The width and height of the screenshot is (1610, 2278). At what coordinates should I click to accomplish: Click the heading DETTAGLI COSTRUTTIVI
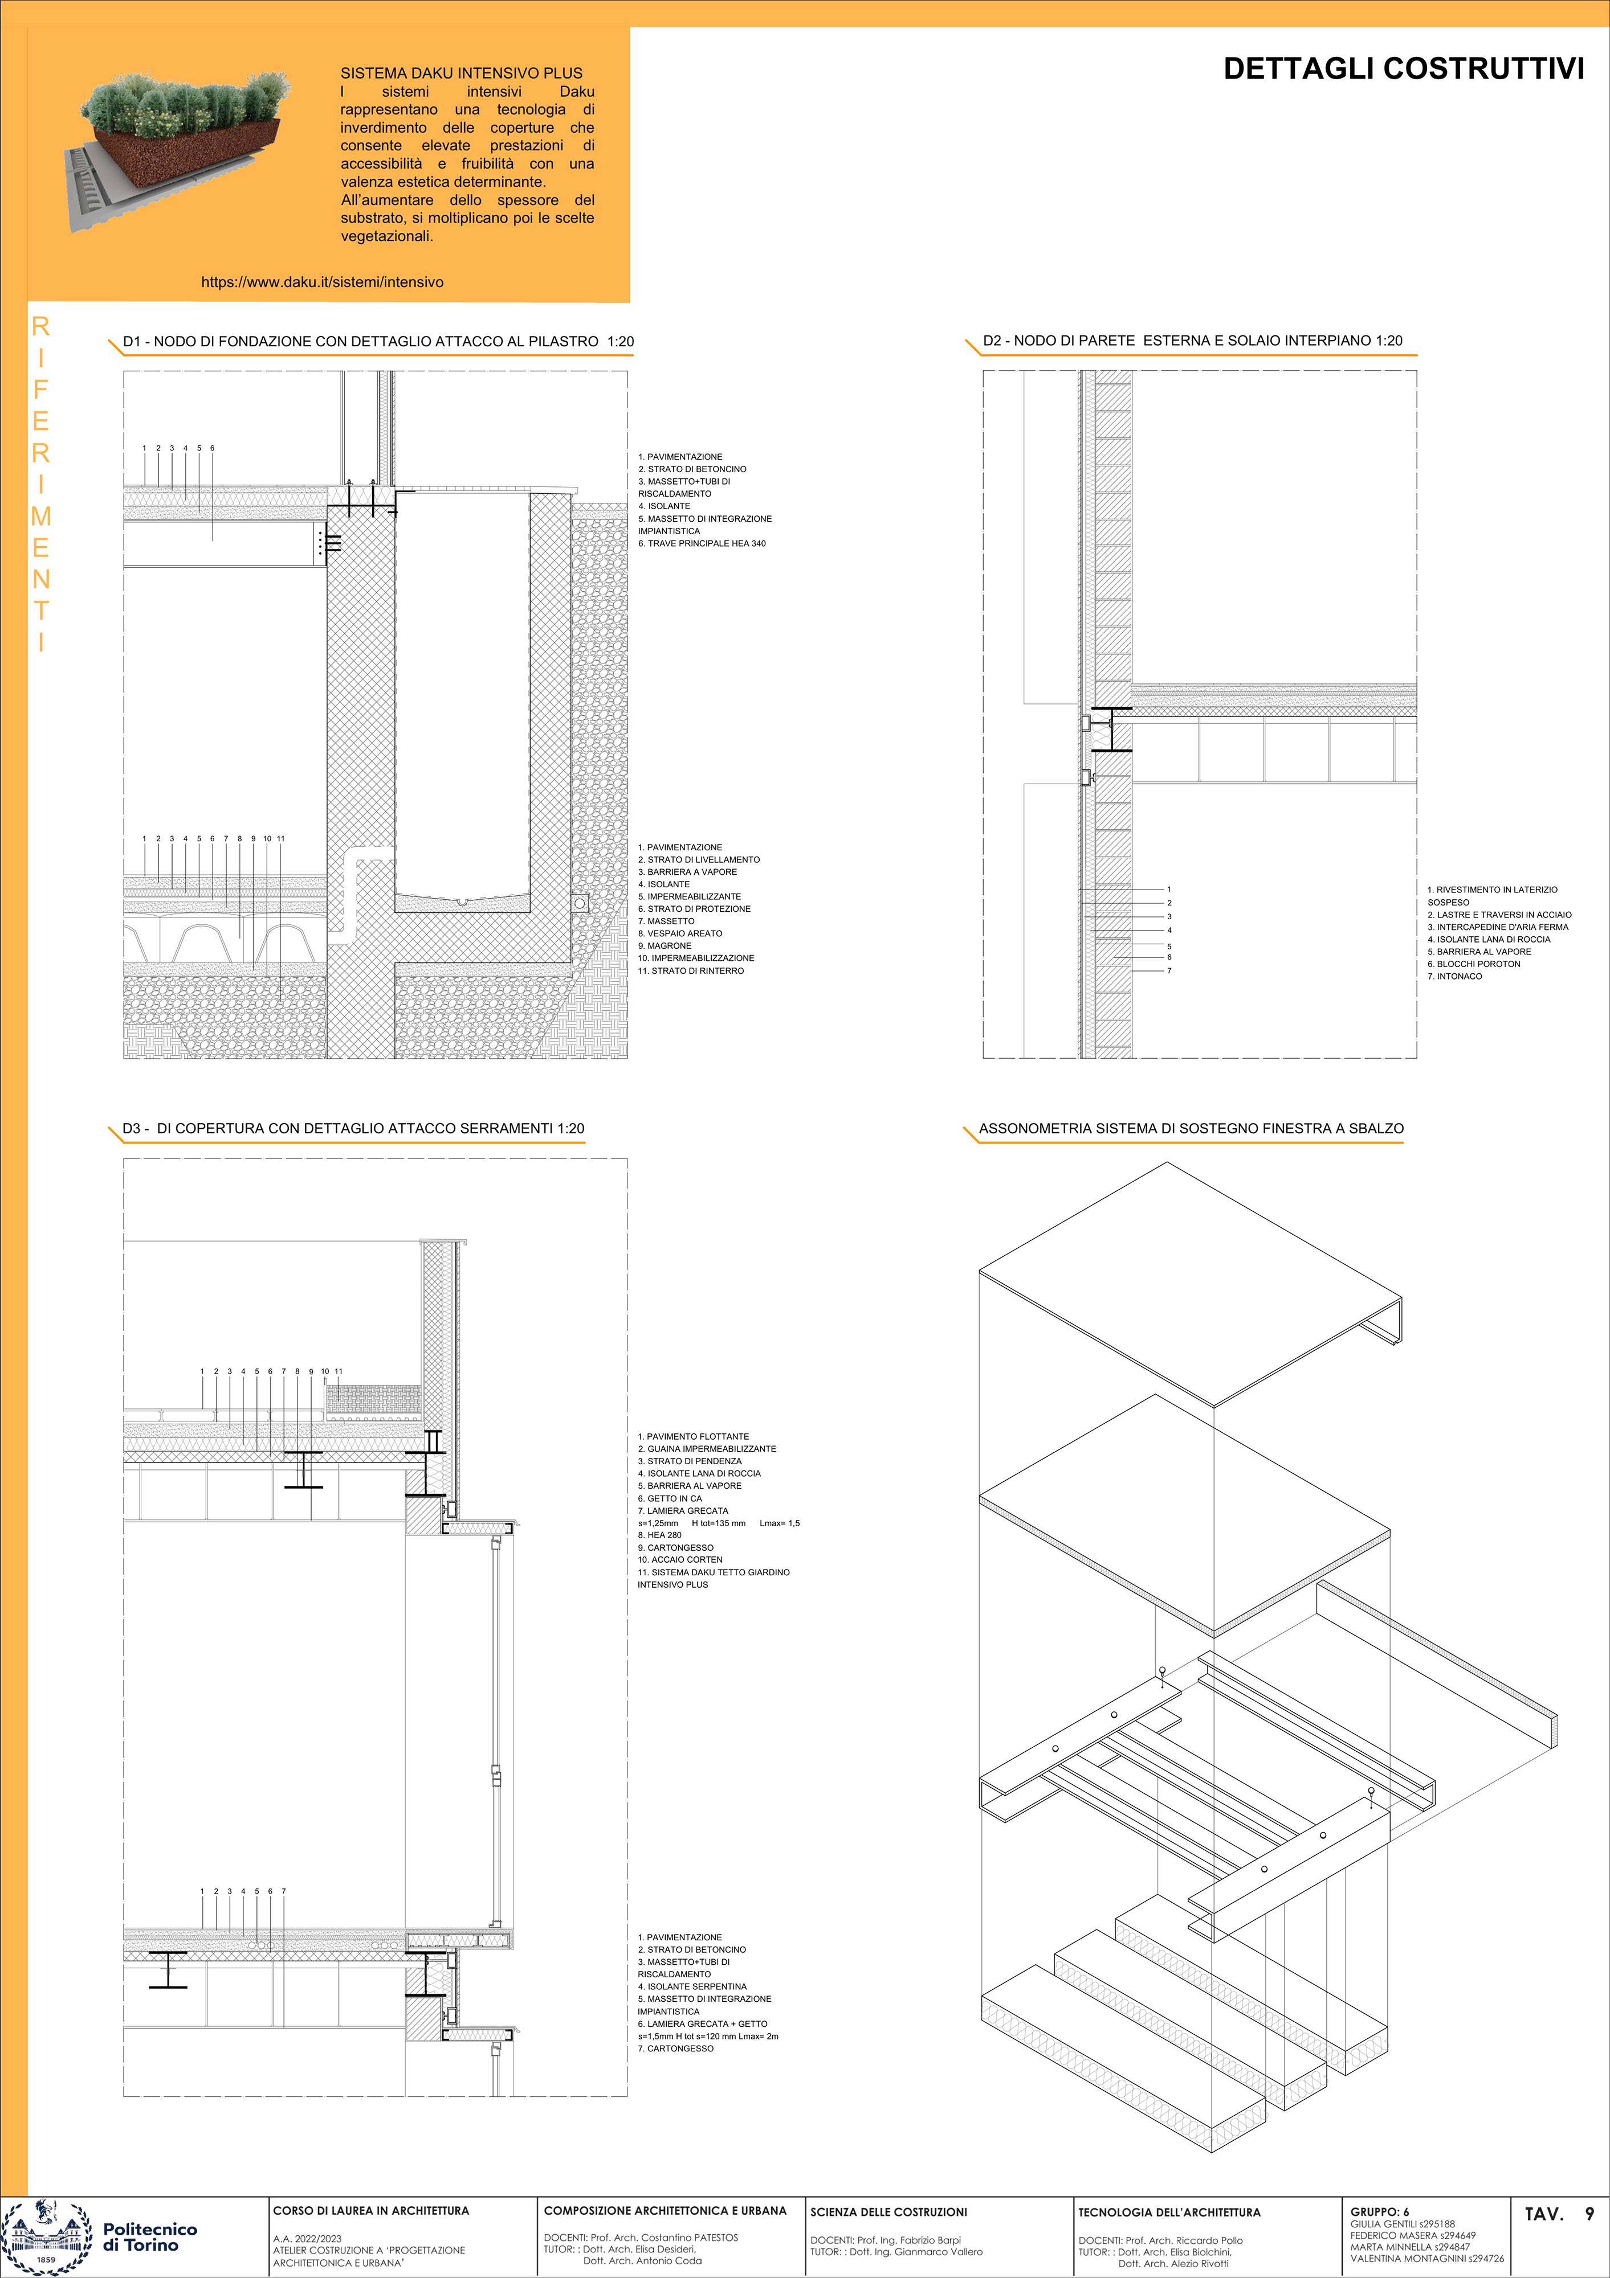click(1404, 68)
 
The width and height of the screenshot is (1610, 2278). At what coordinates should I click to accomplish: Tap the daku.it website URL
click(323, 282)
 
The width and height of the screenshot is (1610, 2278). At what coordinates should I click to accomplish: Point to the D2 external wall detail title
click(1192, 341)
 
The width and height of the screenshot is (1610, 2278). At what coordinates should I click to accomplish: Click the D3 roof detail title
click(353, 1128)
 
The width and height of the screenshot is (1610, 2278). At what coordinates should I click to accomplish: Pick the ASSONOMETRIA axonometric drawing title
click(1191, 1128)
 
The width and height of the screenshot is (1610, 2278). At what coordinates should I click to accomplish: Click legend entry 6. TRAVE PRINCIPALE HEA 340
click(702, 544)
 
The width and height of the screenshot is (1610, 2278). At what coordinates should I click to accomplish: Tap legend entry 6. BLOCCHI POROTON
click(1474, 964)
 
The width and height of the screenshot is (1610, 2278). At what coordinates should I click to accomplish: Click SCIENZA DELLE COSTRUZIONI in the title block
click(888, 2213)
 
